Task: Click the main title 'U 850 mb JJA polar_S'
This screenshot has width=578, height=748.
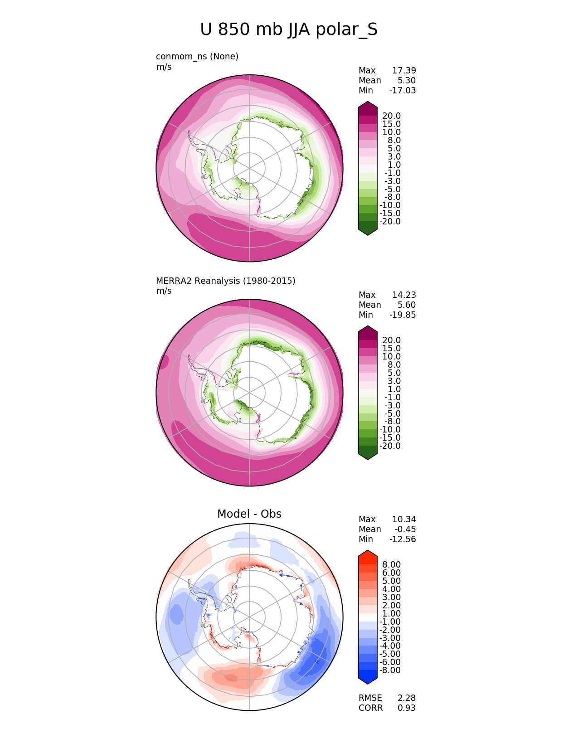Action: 289,30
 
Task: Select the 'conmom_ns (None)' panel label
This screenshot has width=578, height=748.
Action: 197,57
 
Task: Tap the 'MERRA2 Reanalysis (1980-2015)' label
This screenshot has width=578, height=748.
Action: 225,281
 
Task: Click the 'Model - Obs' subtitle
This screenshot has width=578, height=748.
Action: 249,514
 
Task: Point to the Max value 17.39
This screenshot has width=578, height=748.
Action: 403,71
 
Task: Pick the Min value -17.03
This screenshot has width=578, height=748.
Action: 402,91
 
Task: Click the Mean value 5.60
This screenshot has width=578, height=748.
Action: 406,305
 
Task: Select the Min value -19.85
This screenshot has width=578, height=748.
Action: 402,315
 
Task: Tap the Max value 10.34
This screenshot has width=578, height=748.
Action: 403,520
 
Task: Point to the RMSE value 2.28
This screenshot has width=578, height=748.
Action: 407,698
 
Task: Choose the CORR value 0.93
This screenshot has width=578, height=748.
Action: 407,708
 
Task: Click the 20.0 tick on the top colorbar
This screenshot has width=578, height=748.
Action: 391,116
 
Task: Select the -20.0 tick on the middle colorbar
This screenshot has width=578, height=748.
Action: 390,446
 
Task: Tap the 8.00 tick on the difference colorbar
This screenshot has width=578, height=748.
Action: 391,565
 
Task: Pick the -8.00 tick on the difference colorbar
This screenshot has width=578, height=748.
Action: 390,670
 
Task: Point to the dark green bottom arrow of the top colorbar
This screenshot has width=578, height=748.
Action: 368,231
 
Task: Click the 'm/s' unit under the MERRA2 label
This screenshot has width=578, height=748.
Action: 164,291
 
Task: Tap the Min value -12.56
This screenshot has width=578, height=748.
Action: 402,539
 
